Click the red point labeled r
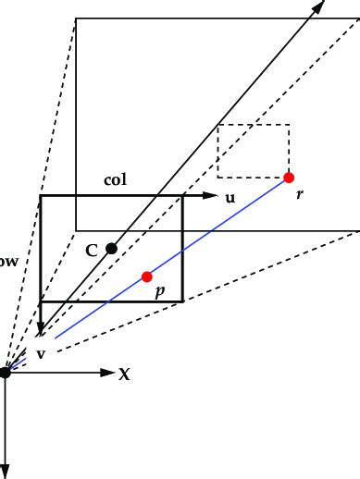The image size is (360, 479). pos(289,177)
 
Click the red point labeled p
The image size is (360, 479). pos(146,276)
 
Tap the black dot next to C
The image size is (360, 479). pos(111,248)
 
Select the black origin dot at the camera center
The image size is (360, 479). pos(6,372)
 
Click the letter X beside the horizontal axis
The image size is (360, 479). pos(123,374)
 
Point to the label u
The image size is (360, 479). pos(230,197)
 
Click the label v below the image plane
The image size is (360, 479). pos(41,353)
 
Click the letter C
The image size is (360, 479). pos(91,250)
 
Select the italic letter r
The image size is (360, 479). pos(299,196)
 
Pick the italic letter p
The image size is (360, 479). pos(160,290)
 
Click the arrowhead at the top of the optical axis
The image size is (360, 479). pos(318,6)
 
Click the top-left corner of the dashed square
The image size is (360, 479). pos(217,125)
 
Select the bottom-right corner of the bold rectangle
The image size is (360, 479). pos(182,301)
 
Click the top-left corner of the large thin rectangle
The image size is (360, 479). pos(76,18)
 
